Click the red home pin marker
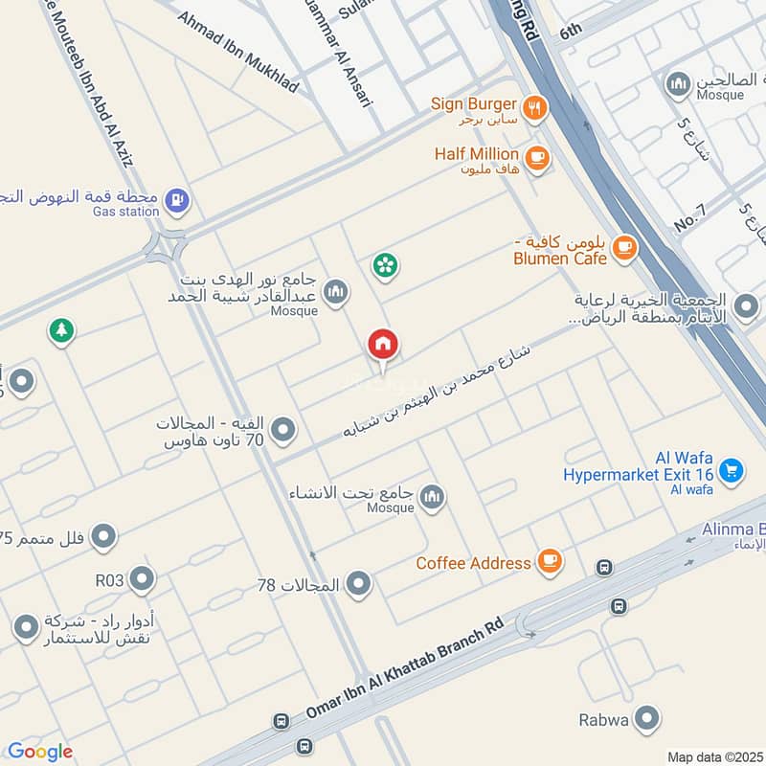pyautogui.click(x=383, y=345)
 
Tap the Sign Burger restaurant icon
pyautogui.click(x=535, y=107)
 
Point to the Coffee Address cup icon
pyautogui.click(x=550, y=561)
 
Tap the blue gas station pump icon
pyautogui.click(x=177, y=200)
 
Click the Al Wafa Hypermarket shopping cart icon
pyautogui.click(x=732, y=470)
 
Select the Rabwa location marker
pyautogui.click(x=648, y=718)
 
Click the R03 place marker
pyautogui.click(x=142, y=578)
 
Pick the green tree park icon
pyautogui.click(x=62, y=330)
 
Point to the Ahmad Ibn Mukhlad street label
pyautogui.click(x=238, y=53)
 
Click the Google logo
pyautogui.click(x=40, y=752)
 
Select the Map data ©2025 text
pyautogui.click(x=712, y=756)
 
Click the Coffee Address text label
pyautogui.click(x=473, y=563)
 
